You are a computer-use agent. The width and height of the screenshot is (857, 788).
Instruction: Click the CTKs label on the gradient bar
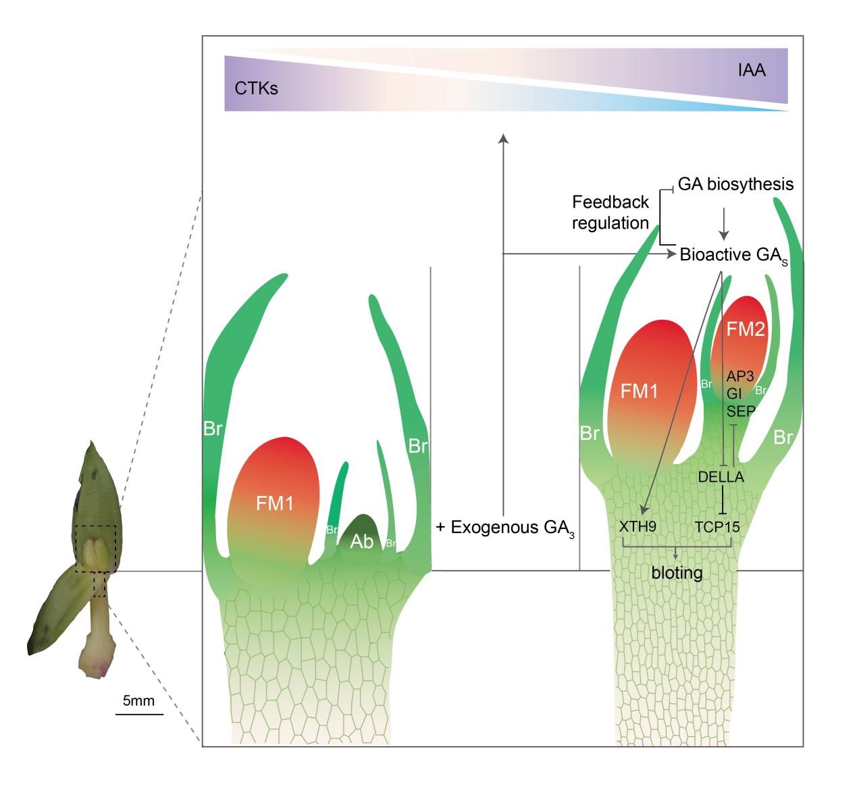point(256,88)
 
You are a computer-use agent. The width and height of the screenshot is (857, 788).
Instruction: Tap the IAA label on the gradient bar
point(750,70)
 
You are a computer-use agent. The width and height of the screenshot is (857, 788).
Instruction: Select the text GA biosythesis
point(735,184)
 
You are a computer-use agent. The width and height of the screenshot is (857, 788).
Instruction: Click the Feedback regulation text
point(611,212)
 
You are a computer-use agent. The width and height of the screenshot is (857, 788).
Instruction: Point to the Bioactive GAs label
point(733,255)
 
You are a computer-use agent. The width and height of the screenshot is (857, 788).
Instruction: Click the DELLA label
point(721,477)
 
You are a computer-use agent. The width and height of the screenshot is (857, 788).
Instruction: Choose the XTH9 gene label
point(637,526)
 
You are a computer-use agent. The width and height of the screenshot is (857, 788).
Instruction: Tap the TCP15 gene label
point(717,526)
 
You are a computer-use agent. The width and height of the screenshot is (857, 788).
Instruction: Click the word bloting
point(677,573)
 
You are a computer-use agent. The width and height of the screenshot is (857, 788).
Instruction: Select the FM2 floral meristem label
point(746,329)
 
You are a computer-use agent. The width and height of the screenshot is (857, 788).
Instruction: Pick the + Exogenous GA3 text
point(506,528)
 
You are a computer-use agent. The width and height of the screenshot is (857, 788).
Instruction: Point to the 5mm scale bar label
point(138,701)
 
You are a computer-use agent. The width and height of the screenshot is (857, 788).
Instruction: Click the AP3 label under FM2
point(741,376)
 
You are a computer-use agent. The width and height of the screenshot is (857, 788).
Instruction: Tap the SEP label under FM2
point(741,410)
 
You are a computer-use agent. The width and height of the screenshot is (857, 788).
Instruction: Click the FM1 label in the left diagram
point(275,503)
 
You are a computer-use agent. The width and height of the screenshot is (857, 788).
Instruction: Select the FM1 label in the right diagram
point(640,391)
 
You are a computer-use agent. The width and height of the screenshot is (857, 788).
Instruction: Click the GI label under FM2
point(735,393)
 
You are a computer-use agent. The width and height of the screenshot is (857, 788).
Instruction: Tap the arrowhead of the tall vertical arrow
point(502,138)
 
